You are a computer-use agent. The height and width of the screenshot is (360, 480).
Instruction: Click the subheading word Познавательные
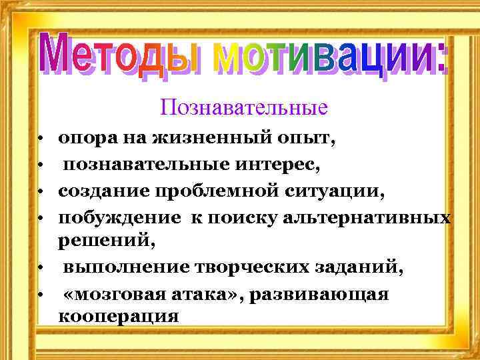(244, 107)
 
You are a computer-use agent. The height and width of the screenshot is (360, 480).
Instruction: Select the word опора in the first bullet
(84, 139)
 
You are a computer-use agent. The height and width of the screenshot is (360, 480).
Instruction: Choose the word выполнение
(124, 268)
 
